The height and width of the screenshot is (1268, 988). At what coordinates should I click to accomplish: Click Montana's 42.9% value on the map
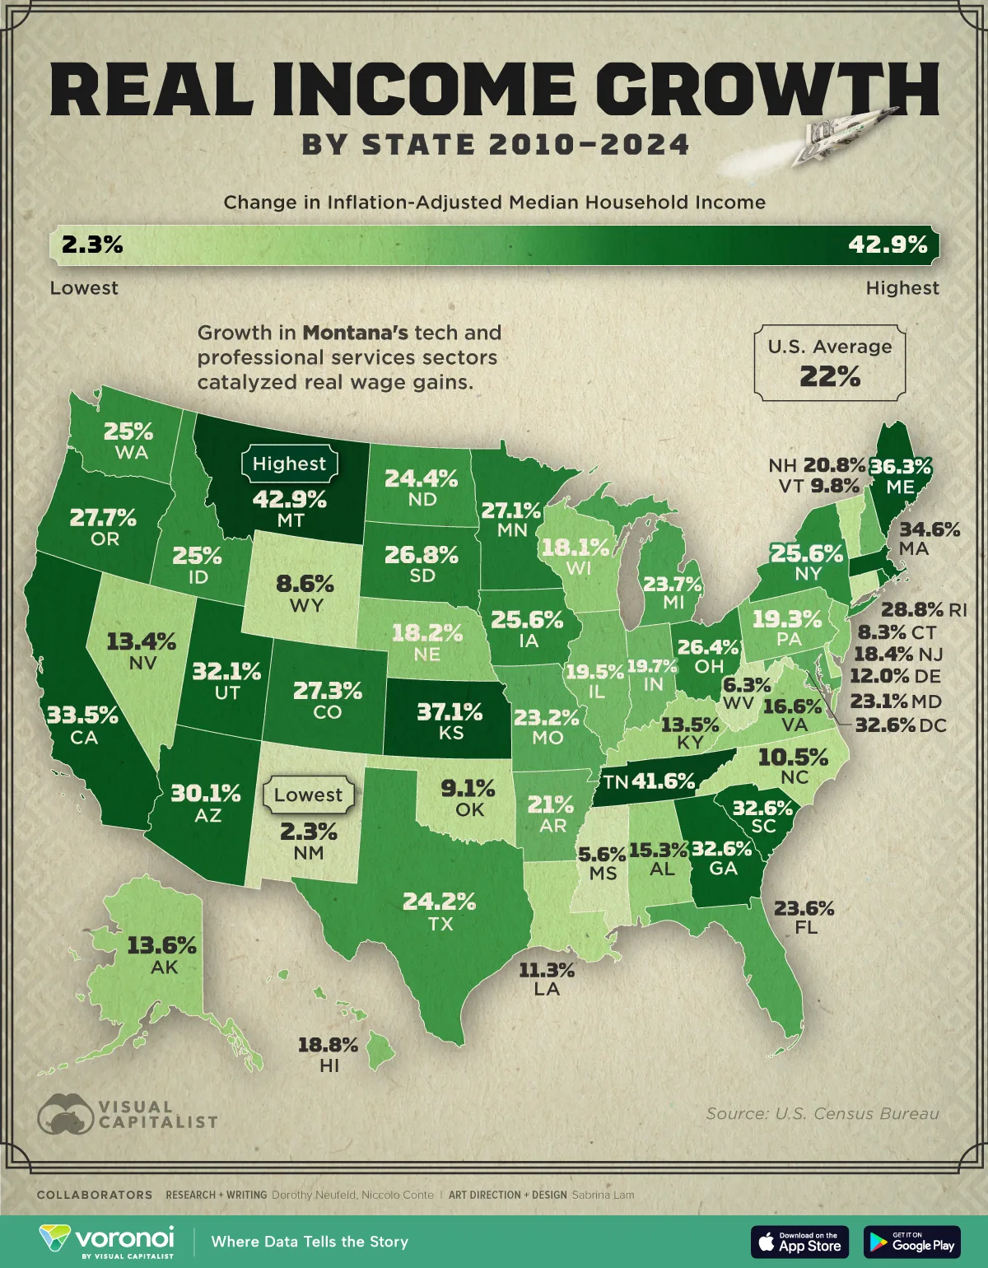[290, 500]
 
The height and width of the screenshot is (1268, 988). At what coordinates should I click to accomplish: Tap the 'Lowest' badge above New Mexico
[308, 795]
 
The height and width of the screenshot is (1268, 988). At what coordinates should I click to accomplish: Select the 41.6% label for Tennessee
[663, 781]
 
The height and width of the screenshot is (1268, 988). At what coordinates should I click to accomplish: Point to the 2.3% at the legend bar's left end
[92, 245]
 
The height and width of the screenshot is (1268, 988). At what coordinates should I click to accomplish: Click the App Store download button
[799, 1242]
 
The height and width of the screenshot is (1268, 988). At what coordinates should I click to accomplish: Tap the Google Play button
[911, 1242]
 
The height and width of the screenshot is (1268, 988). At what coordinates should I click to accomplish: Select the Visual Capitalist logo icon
[65, 1114]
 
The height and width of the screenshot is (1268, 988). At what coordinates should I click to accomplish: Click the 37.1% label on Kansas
[450, 711]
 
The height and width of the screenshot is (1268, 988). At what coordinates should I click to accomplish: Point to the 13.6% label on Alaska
[161, 945]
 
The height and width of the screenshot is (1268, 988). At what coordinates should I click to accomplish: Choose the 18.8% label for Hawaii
[328, 1045]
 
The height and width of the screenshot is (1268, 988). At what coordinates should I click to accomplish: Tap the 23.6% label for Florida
[804, 908]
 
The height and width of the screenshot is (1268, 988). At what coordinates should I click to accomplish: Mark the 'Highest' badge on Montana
[289, 464]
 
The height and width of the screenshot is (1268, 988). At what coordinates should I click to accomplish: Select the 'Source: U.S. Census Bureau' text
[822, 1113]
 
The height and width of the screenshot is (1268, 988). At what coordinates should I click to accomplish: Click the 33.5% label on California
[82, 715]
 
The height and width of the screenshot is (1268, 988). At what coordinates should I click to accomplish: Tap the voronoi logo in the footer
[107, 1241]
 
